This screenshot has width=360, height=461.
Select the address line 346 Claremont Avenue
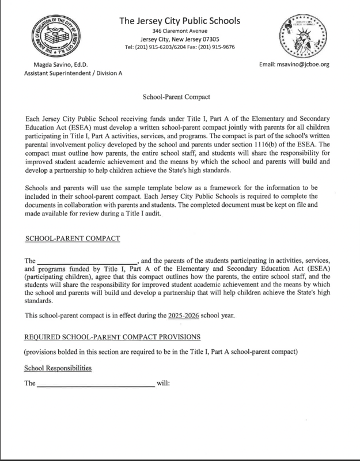180,30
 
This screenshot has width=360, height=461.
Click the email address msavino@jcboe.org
302,65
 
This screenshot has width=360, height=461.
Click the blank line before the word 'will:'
96,384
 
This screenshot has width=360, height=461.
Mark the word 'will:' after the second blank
161,383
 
